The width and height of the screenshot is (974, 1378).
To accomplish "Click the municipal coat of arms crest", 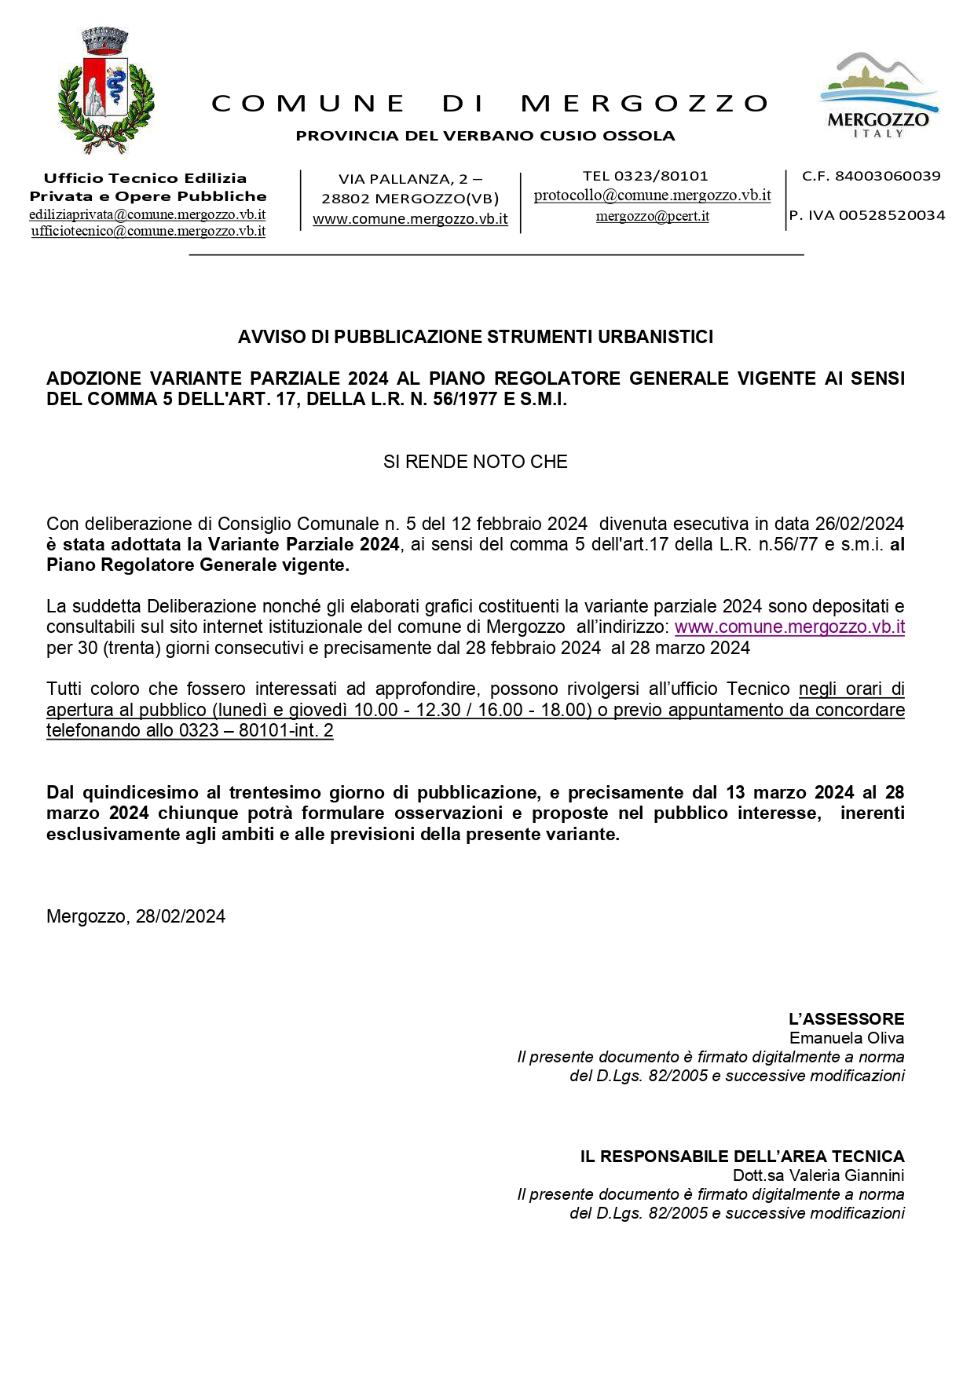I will (106, 91).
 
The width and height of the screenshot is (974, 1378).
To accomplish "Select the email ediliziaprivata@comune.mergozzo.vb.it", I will (147, 214).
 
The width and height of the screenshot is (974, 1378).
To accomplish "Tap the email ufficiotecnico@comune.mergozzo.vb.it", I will (148, 231).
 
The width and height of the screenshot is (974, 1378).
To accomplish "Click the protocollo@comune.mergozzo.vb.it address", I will (652, 196).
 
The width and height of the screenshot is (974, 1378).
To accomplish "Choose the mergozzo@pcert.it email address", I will (652, 216).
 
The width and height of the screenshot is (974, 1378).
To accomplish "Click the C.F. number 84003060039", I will (887, 176).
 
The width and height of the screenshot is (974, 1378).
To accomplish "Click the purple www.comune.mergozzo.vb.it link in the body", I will (789, 627).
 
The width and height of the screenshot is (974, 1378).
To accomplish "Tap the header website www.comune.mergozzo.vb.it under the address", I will (410, 219).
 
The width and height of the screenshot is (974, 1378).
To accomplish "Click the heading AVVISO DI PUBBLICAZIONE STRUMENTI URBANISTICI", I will (475, 337).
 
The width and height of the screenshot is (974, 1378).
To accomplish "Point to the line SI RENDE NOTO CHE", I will (475, 462).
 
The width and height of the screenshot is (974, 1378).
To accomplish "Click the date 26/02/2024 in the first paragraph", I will (859, 524).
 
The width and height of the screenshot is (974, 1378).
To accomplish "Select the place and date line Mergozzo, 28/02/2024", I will (136, 916).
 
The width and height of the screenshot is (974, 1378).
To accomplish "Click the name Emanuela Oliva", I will (847, 1038).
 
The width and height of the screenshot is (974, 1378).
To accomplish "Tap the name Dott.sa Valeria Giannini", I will (818, 1175).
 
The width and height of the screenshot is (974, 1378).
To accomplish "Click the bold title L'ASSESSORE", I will (846, 1019).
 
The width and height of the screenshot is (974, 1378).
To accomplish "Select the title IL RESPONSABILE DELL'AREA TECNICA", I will (742, 1157).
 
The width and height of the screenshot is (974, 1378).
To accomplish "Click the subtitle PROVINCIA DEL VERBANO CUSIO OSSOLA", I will (485, 136).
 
